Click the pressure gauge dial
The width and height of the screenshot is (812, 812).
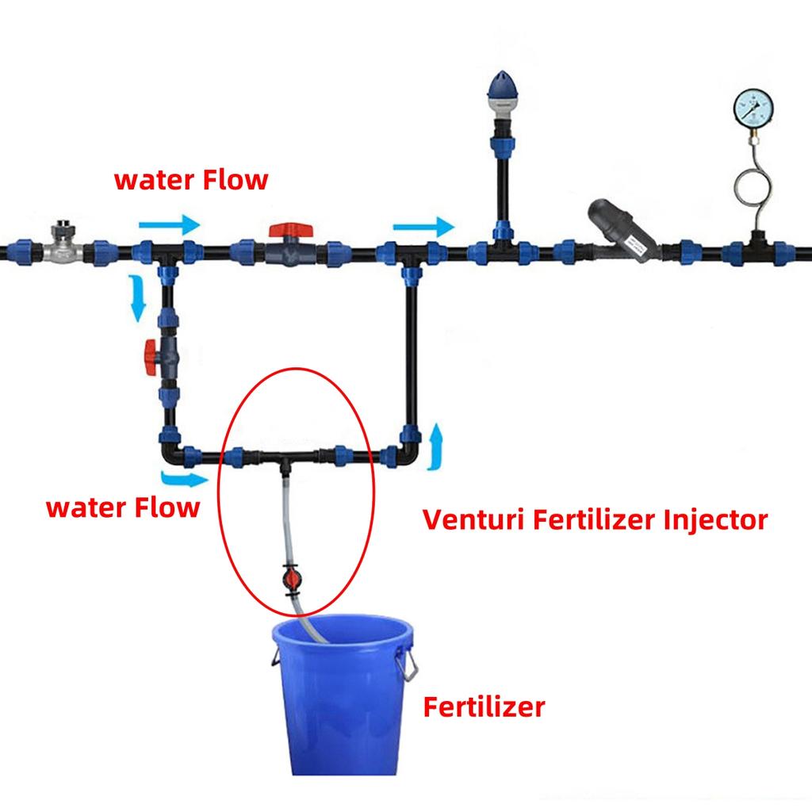click(x=753, y=108)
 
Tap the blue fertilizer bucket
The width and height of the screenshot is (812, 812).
click(x=343, y=694)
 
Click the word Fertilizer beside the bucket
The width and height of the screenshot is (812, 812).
click(x=484, y=707)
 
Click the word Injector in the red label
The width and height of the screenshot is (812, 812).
click(x=715, y=520)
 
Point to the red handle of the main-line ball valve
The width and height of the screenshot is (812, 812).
click(x=290, y=231)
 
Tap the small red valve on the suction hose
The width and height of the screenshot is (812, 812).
click(x=290, y=578)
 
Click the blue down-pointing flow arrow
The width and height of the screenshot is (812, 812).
click(x=138, y=298)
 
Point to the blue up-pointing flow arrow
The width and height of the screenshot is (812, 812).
click(x=437, y=446)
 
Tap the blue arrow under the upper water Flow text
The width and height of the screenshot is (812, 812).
click(x=170, y=224)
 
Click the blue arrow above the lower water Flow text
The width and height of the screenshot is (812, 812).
click(x=184, y=478)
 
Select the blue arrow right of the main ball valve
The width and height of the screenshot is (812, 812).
click(x=424, y=227)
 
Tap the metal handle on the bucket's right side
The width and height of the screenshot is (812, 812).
click(x=408, y=665)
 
